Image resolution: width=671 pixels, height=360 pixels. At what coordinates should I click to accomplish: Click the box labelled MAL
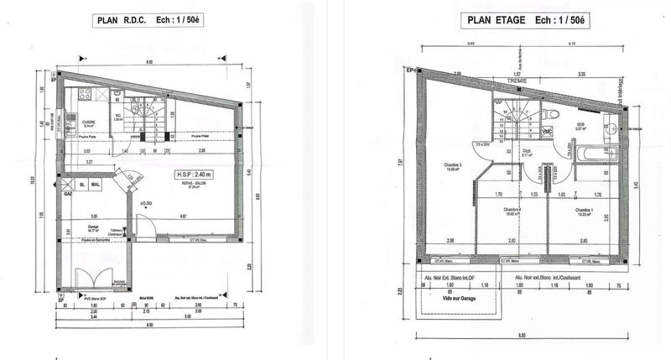click(x=96, y=184)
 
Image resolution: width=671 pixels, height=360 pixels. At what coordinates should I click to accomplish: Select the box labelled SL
click(x=82, y=184)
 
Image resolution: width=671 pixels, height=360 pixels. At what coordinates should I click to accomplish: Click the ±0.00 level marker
click(x=146, y=203)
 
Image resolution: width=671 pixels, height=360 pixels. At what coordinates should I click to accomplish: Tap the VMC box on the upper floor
click(x=547, y=132)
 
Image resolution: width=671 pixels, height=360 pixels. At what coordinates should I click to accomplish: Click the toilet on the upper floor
click(x=547, y=115)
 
